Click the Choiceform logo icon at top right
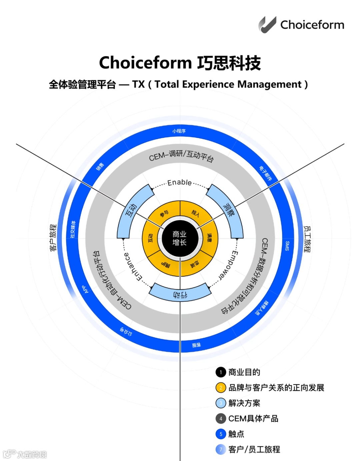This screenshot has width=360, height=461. coord(267,25)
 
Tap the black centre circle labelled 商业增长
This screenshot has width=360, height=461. coord(180,239)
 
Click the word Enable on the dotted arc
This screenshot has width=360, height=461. coord(180,182)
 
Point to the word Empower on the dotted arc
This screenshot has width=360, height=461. coord(228,266)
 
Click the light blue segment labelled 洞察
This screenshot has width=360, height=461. coord(228,210)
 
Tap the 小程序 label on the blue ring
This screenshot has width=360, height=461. coord(179,131)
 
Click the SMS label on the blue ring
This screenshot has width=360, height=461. coord(287,246)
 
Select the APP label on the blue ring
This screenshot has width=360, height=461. coord(86,289)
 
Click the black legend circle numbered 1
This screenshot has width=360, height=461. coord(221,372)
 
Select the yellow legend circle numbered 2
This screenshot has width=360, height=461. coord(221,388)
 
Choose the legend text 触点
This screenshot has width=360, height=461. coord(236,434)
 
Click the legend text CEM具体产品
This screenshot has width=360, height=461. coord(253,419)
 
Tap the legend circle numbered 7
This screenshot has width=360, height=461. coord(221,449)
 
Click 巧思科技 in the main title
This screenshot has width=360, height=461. coord(229,63)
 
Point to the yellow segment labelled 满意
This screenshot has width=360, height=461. coord(209,238)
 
